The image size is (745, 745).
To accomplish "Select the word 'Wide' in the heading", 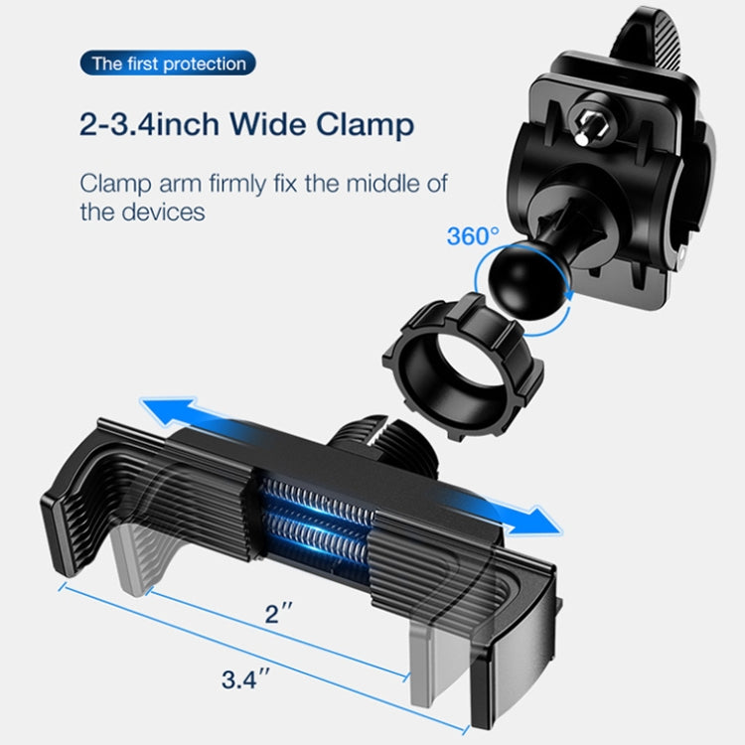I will (x=266, y=126).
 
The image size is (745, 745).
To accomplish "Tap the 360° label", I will (x=473, y=236).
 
